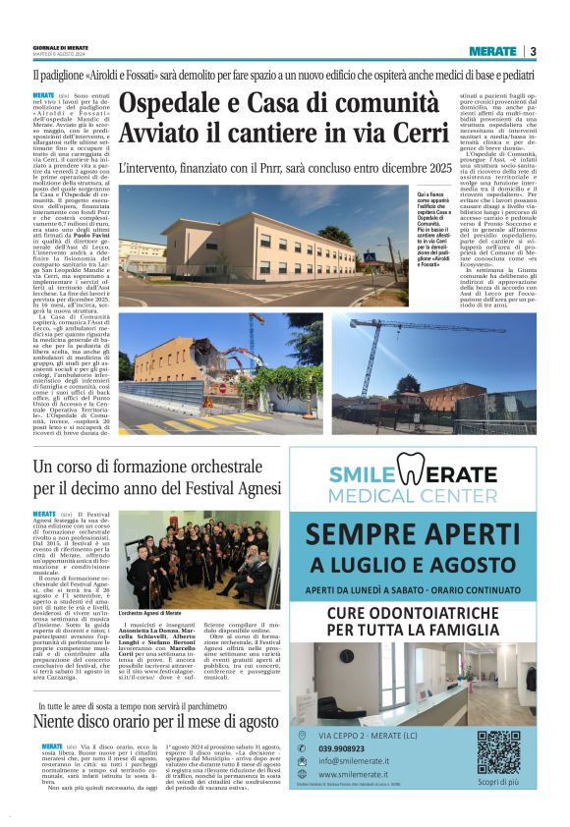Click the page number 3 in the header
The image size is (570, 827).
coord(532,51)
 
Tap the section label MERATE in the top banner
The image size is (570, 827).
coord(491,51)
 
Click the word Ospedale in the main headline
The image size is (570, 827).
coord(169,104)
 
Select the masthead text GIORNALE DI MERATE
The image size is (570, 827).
coord(58,46)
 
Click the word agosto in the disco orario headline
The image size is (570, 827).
coord(246,721)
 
